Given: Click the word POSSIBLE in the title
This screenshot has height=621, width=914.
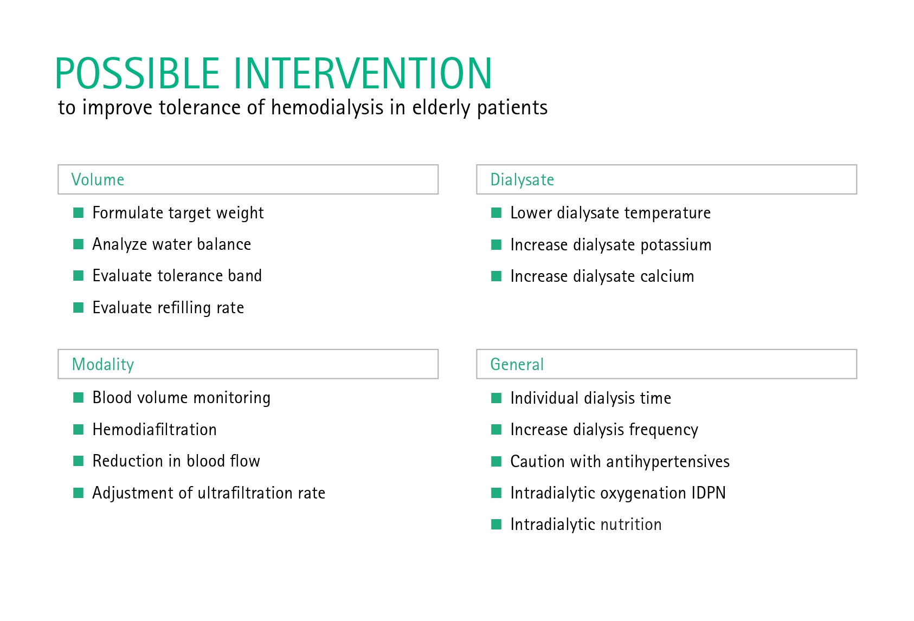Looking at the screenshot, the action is [x=138, y=73].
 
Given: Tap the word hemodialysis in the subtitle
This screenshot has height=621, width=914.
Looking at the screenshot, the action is [x=327, y=108].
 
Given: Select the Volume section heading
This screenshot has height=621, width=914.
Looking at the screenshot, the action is [x=98, y=180].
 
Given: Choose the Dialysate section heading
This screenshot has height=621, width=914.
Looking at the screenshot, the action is [x=522, y=180].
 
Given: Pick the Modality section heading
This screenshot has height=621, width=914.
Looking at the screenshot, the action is [x=103, y=365].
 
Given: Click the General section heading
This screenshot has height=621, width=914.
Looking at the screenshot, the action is [x=517, y=365].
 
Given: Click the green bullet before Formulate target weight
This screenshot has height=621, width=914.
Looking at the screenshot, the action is [x=79, y=213].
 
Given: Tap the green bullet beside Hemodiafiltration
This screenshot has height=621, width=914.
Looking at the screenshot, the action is [x=79, y=430].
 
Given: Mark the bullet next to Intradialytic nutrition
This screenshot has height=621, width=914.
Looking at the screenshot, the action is [x=496, y=525].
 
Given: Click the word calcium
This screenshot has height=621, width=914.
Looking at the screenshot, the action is [x=667, y=276].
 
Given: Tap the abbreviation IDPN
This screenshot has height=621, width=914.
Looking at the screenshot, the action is [x=709, y=493].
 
